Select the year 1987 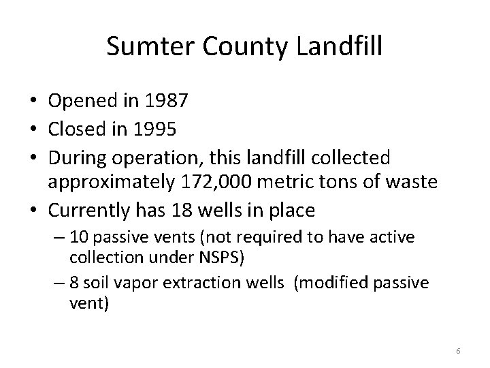(x=165, y=102)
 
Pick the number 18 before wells (x=184, y=211)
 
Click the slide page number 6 (x=458, y=351)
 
